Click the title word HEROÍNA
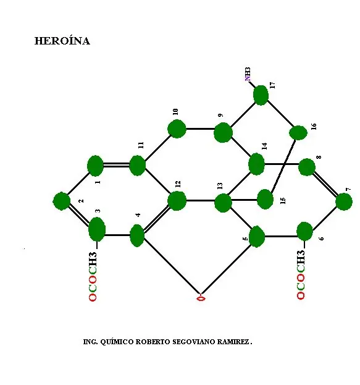coord(62,41)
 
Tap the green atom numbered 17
coord(261,95)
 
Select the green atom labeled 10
coord(177,129)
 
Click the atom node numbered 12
coord(177,201)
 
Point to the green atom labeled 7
coord(344,201)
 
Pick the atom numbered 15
coord(265,199)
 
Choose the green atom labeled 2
coord(62,201)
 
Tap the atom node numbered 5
coord(257,237)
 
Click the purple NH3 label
coord(248,74)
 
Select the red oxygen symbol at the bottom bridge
coord(201,298)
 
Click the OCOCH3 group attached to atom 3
coord(93,276)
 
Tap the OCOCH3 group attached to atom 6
coord(301,274)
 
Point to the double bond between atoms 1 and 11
coord(116,164)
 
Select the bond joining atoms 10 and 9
coord(200,129)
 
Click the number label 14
coord(264,146)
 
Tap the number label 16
coord(314,126)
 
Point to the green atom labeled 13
coord(223,203)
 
